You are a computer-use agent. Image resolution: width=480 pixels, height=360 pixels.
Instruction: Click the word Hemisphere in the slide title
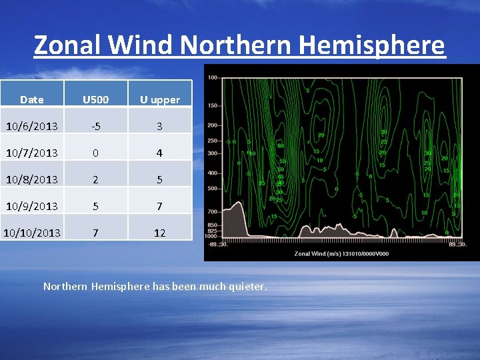372,45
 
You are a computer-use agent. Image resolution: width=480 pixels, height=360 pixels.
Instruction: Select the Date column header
32,100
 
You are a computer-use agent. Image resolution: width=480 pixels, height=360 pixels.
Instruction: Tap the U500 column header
95,100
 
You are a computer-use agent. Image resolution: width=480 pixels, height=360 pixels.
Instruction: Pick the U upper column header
159,100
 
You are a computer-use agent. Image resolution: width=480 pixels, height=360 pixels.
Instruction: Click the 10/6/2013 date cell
32,126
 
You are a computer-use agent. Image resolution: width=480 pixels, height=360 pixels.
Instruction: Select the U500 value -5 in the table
95,126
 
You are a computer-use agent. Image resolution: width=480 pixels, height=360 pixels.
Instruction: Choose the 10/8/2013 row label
32,179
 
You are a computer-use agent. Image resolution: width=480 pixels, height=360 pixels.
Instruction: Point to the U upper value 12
159,233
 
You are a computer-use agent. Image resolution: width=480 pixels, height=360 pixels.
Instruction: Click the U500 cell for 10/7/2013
95,153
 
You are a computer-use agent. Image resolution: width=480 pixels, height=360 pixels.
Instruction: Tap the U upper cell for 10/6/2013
159,126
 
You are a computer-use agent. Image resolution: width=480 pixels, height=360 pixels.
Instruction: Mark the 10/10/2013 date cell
32,233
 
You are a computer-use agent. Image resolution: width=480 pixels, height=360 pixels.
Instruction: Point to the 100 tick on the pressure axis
213,77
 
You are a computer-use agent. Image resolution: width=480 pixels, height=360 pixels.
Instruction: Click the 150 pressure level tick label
213,105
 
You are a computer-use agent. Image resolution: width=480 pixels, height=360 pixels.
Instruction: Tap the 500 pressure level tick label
213,188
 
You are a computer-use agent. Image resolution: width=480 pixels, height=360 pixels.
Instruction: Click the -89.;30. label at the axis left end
217,244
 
